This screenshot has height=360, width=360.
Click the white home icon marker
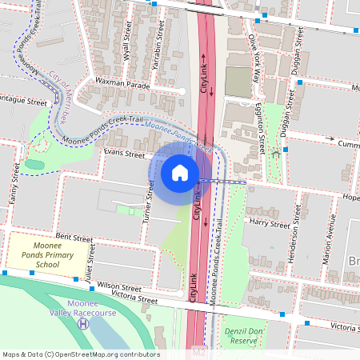coord(180,173)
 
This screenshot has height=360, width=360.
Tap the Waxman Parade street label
coord(122,84)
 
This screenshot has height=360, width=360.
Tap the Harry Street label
coord(267,221)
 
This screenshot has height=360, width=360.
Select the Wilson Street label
coord(119,286)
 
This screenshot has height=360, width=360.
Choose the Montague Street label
coord(24,102)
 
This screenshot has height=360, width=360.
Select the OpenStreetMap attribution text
coord(80,354)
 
